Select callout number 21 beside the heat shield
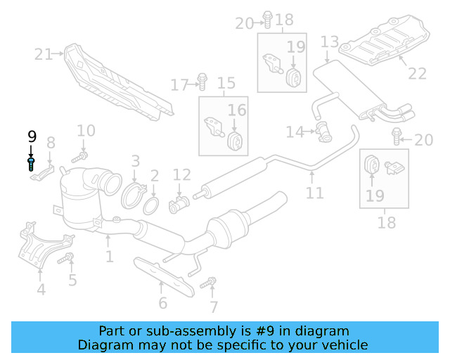point(44,54)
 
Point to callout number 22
point(417,72)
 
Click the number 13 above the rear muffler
point(330,43)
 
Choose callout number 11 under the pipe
point(315,193)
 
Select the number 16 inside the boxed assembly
point(237,110)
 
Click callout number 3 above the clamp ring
point(135,161)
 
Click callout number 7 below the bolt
point(214,307)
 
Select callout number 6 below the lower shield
point(162,303)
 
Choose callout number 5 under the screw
point(72,281)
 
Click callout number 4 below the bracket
point(41,289)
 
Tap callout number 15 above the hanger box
point(226,84)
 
